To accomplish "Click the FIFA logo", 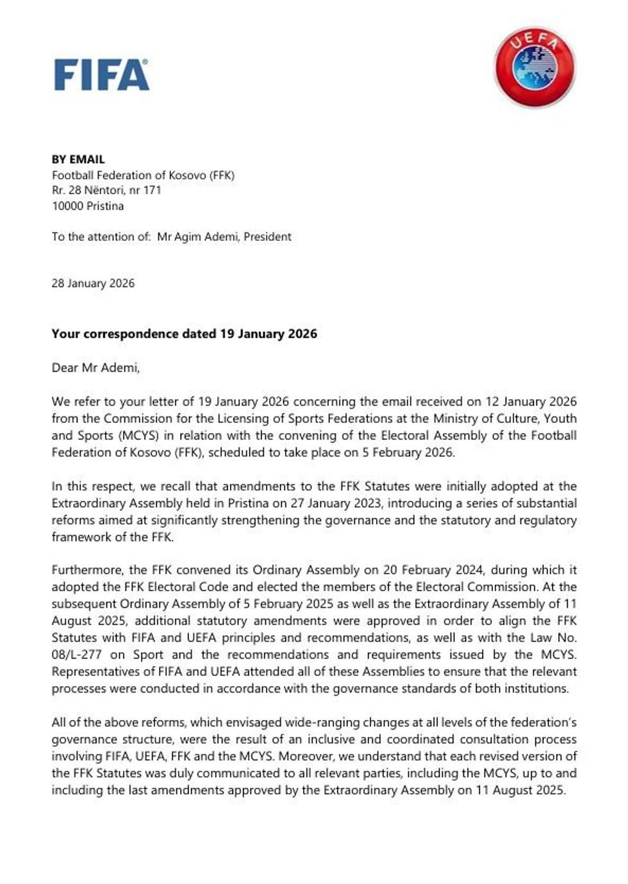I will (101, 75).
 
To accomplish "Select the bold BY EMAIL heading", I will (78, 160).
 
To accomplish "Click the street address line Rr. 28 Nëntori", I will (106, 190).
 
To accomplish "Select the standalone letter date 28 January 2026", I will (93, 283).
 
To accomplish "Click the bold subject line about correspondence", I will (184, 334).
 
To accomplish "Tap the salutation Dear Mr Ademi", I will (95, 368).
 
